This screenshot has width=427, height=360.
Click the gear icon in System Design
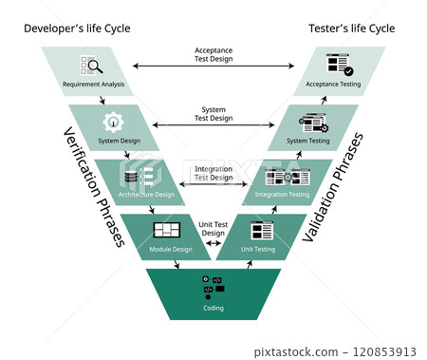tap(113, 122)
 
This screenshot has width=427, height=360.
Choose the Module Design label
tap(171, 248)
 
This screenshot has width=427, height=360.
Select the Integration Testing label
tap(283, 194)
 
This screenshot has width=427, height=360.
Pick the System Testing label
tap(309, 141)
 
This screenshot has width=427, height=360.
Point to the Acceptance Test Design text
tap(213, 54)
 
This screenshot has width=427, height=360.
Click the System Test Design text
tap(213, 113)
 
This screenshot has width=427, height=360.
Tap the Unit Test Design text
tap(214, 227)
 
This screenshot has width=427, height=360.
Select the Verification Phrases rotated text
tap(94, 186)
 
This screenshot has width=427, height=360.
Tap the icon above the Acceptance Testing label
tap(338, 65)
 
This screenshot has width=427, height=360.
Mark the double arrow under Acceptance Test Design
tap(213, 66)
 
